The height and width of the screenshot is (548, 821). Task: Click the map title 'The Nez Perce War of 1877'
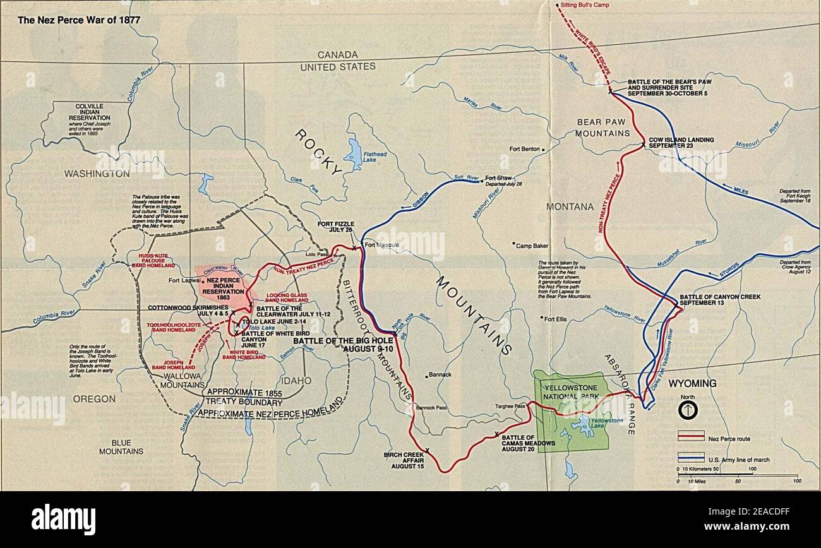(79, 20)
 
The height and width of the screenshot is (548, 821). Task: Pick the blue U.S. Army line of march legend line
(690, 458)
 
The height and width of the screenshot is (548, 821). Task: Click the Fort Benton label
(524, 150)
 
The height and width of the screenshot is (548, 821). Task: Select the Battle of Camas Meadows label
(528, 440)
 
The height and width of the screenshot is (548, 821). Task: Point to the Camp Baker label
(532, 245)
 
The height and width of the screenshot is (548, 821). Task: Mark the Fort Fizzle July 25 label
(337, 227)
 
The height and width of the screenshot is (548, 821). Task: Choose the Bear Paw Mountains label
(603, 127)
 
